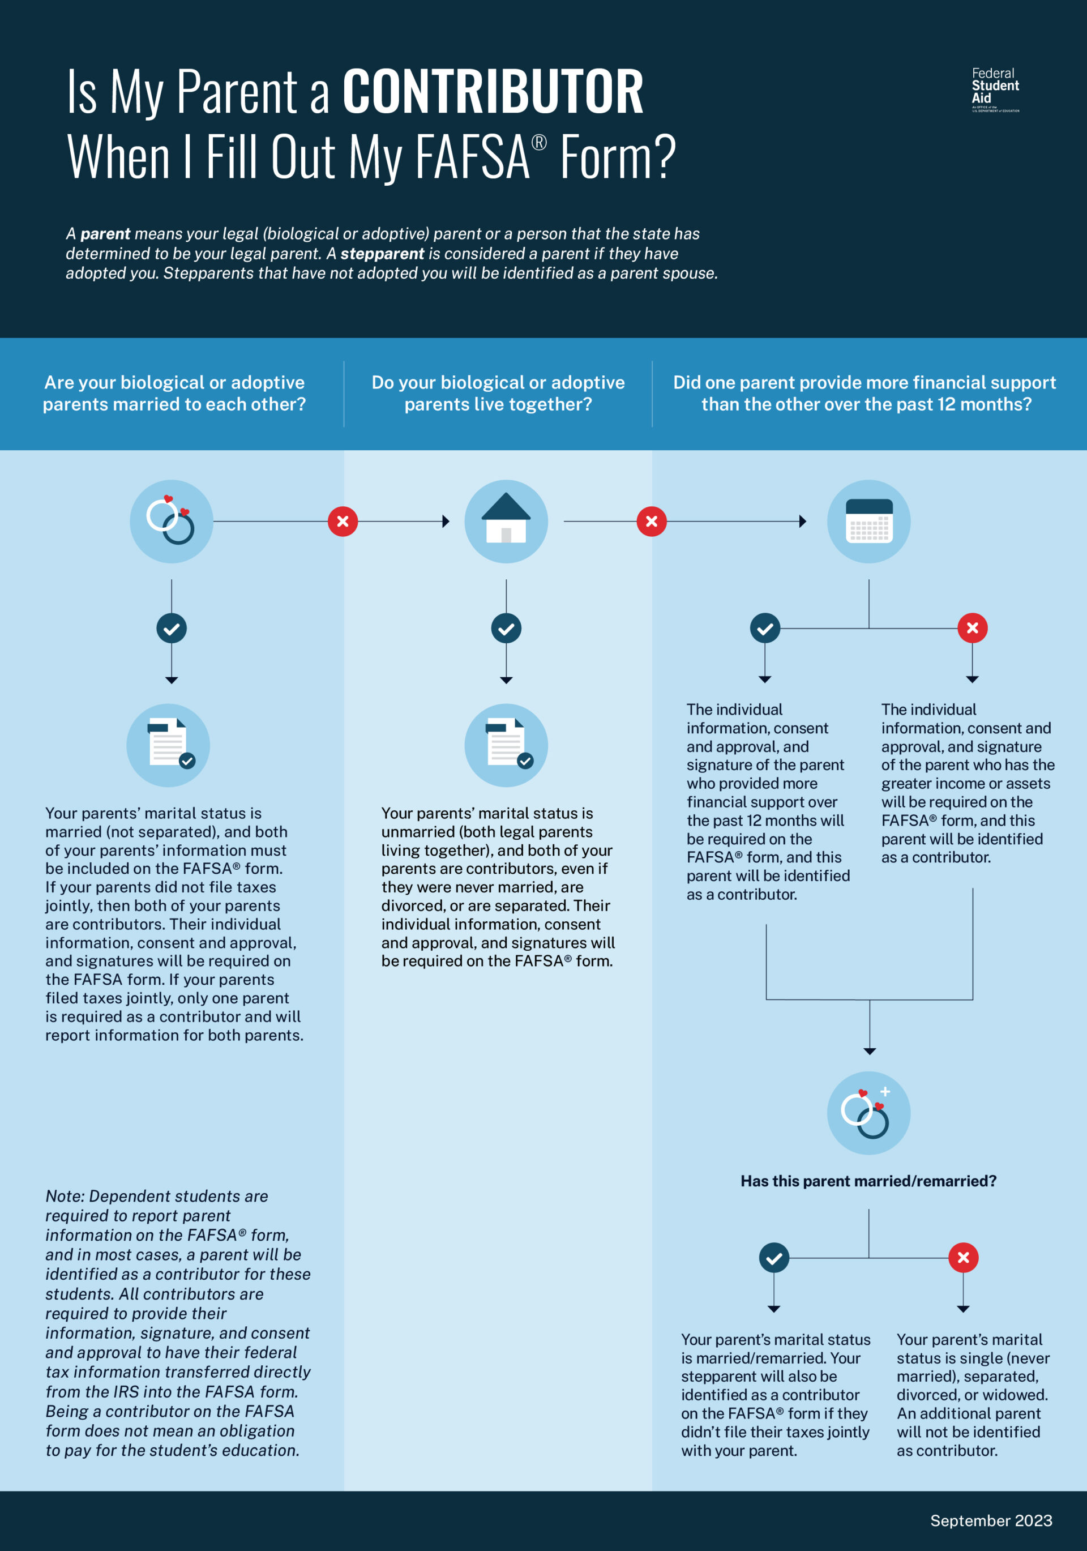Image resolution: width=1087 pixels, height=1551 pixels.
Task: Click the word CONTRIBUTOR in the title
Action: tap(493, 92)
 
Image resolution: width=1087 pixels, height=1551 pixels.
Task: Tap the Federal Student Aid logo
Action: tap(995, 89)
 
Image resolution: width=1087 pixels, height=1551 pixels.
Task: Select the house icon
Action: tap(506, 521)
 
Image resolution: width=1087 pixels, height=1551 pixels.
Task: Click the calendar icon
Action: tap(869, 521)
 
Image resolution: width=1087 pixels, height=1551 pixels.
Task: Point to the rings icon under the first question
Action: tap(171, 521)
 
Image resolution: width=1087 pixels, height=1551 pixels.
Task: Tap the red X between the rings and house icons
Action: tap(343, 522)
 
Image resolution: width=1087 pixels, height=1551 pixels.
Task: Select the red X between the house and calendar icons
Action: tap(651, 522)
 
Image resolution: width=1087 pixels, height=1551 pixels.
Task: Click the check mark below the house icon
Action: tap(506, 628)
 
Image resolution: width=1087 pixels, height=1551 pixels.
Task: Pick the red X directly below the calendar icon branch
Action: tap(972, 628)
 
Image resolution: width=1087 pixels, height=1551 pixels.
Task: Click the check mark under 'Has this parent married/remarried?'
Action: tap(774, 1258)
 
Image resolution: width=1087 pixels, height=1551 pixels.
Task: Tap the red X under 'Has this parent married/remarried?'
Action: tap(964, 1258)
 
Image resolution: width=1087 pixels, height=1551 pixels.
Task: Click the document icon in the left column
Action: tap(168, 745)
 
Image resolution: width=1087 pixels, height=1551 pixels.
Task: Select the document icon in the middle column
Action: tap(506, 745)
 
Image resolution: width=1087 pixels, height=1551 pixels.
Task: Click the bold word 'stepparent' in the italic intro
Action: tap(382, 253)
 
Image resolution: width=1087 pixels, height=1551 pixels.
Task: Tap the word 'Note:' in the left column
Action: tap(65, 1197)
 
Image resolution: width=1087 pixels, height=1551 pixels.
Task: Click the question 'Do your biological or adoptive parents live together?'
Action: tap(498, 393)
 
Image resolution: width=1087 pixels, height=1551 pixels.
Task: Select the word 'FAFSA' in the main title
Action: tap(472, 157)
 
